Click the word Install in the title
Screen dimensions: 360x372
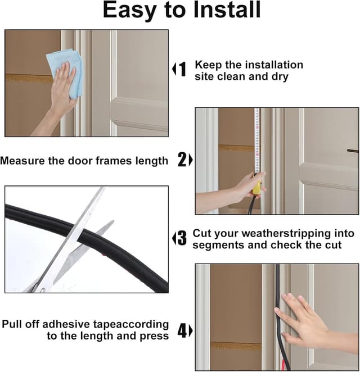[x=227, y=10]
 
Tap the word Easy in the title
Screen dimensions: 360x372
[x=129, y=11]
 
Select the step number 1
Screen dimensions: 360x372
[x=182, y=69]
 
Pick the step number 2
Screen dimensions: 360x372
[x=182, y=160]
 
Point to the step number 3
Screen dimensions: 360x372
[x=182, y=238]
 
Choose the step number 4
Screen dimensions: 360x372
[x=183, y=330]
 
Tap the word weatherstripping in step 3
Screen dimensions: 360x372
[x=286, y=233]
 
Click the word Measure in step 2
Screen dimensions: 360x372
[x=23, y=161]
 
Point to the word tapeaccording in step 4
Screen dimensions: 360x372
[x=131, y=325]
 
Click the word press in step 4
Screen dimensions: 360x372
[x=154, y=337]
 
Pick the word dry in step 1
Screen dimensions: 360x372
[x=280, y=77]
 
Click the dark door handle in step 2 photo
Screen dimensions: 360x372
[x=352, y=151]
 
